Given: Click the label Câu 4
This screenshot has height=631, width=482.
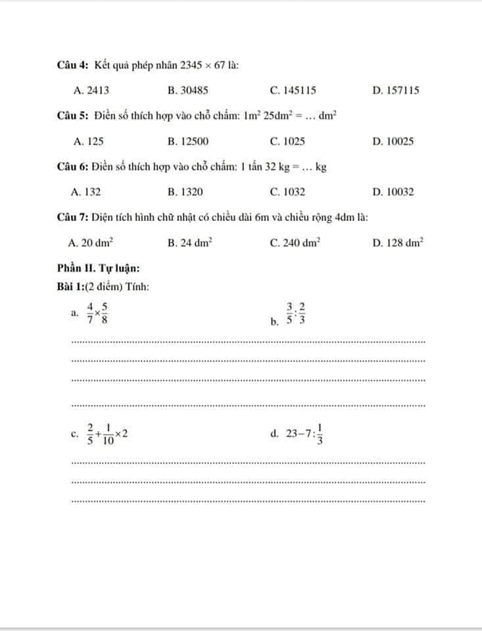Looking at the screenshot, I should click(73, 65).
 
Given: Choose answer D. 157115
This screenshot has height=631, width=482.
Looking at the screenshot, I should click(395, 91).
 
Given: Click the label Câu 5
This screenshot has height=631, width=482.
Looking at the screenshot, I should click(73, 116).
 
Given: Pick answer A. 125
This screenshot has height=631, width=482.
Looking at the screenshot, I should click(88, 141).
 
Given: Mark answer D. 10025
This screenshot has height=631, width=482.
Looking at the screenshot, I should click(393, 141).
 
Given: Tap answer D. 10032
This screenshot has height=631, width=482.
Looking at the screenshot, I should click(393, 192).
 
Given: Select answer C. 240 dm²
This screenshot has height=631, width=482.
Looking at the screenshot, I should click(295, 243).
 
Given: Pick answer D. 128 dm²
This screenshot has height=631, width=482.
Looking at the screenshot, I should click(397, 243).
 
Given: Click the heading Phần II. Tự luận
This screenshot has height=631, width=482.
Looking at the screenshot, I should click(98, 268).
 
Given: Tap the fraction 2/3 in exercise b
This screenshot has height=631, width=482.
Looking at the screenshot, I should click(302, 314).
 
